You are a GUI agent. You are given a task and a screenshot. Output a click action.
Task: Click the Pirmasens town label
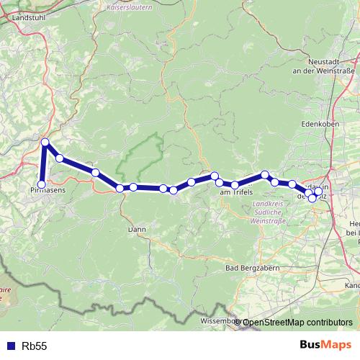point(48,191)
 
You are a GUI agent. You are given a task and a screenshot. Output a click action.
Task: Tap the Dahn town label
point(137,229)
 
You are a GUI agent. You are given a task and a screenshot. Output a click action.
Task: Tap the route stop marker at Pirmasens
point(42,184)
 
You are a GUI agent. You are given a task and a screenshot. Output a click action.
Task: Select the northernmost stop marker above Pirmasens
point(45,143)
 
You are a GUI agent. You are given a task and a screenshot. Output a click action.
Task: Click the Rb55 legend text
point(35,346)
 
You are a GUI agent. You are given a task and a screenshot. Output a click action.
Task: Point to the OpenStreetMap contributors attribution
point(297,322)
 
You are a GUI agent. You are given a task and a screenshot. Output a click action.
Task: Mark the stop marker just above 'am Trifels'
point(220,183)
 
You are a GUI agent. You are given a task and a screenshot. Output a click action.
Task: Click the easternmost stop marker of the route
point(318,192)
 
